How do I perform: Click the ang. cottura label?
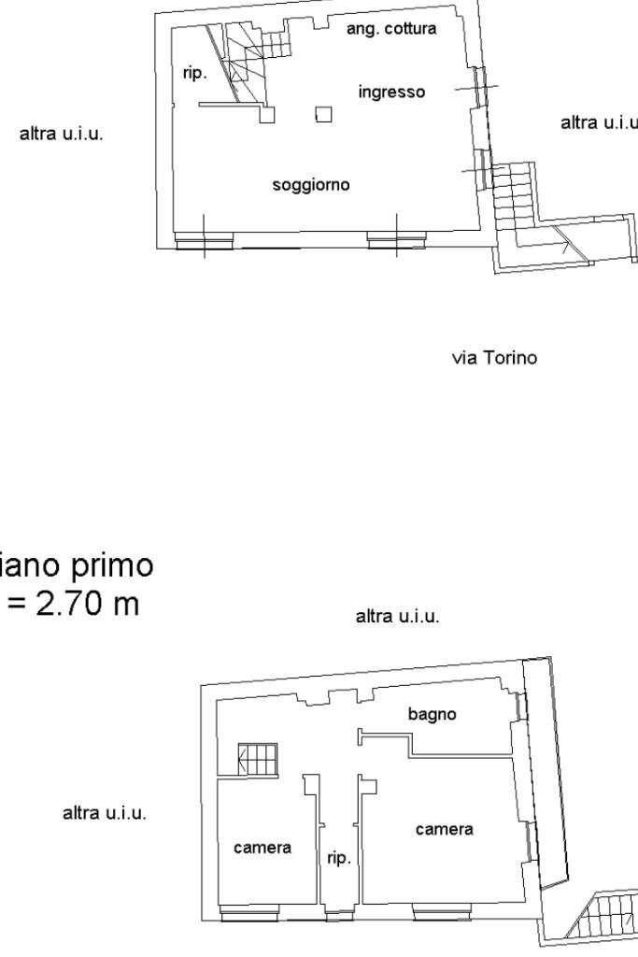[x=390, y=29]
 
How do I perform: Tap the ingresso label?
[x=391, y=93]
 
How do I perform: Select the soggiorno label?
[x=311, y=185]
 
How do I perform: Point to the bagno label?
[x=432, y=714]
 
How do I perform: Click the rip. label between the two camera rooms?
[x=338, y=858]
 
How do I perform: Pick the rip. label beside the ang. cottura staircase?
[x=194, y=73]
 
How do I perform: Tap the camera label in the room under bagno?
[x=444, y=829]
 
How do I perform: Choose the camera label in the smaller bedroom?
[x=262, y=848]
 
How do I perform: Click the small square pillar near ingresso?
[x=324, y=115]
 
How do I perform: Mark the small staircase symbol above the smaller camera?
[x=259, y=759]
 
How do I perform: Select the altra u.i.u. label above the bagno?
[x=398, y=617]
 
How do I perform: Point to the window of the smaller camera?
[x=248, y=912]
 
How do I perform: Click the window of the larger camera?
[x=441, y=912]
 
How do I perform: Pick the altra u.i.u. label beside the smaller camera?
[x=104, y=813]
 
